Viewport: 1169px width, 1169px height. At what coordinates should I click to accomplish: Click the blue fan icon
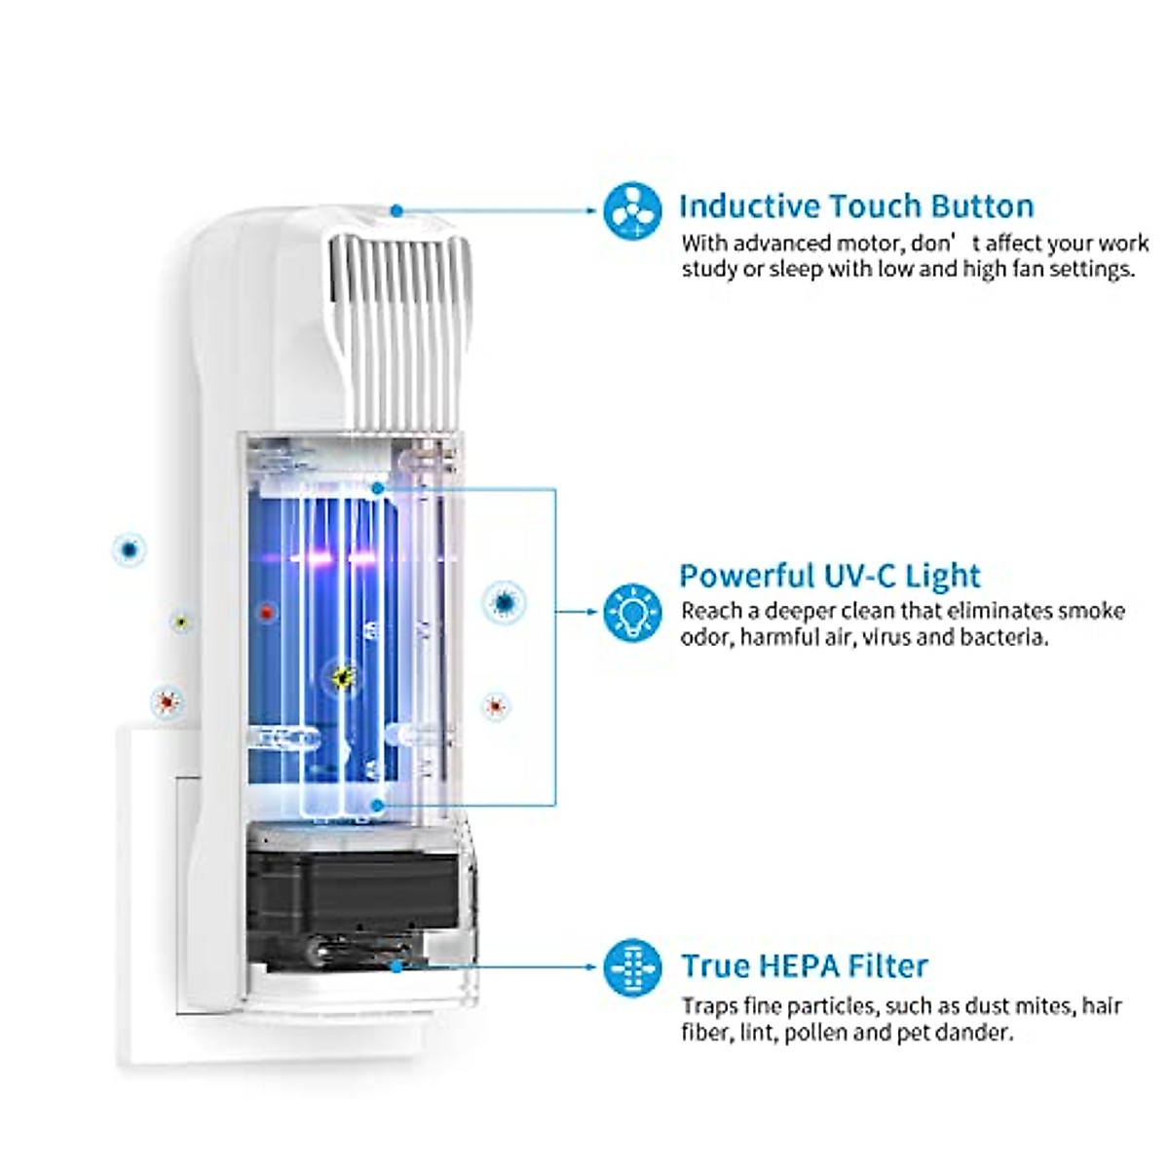(632, 210)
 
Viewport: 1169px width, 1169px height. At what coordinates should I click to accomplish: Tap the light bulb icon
(632, 613)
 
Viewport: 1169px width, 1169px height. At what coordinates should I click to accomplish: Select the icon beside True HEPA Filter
(632, 967)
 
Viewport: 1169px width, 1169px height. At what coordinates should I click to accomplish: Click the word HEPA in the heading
(804, 966)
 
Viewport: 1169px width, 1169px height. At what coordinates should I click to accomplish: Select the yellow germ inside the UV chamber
(342, 676)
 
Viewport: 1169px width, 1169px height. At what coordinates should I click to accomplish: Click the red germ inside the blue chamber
(266, 613)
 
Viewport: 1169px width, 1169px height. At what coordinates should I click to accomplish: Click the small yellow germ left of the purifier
(178, 621)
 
